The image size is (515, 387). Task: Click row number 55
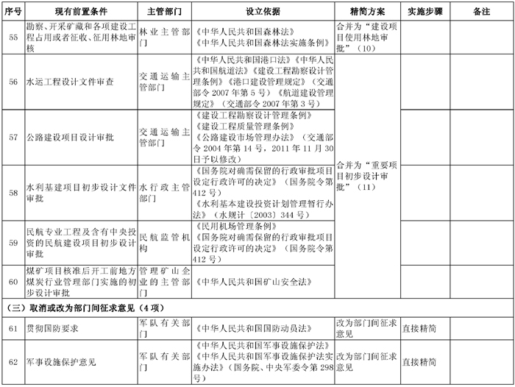tap(13, 37)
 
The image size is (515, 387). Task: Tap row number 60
tap(13, 280)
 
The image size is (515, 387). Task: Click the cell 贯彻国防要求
tap(54, 327)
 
